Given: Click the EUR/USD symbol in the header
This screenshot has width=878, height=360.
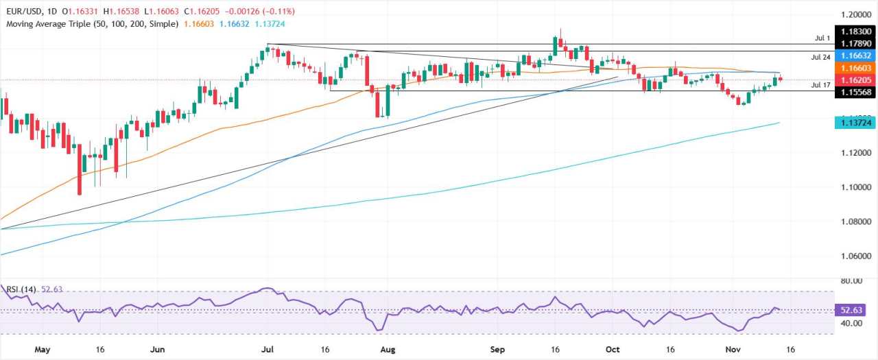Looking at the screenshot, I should point(25,11).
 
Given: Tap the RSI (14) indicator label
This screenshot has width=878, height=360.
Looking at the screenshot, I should point(23,289).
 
